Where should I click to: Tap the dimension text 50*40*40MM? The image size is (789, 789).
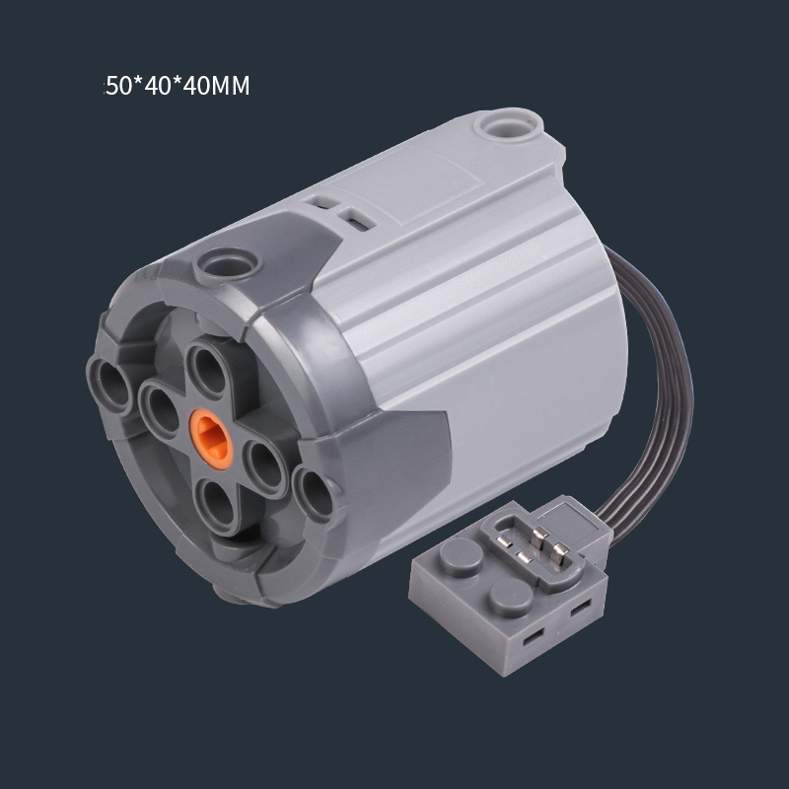click(178, 86)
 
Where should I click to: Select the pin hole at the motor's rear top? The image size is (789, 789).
click(508, 122)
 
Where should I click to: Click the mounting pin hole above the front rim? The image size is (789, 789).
click(228, 264)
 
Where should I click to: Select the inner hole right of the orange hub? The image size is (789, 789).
click(264, 467)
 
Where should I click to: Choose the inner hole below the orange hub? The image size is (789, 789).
click(217, 506)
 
